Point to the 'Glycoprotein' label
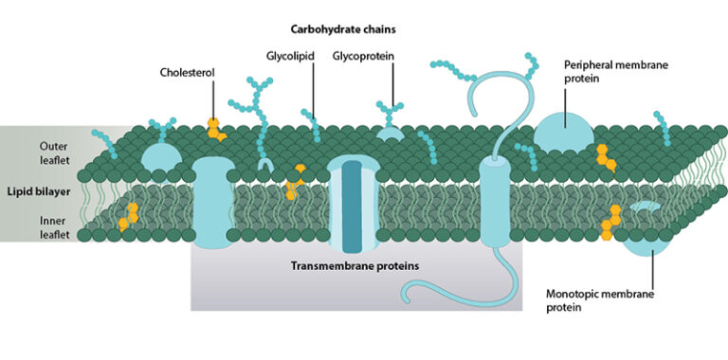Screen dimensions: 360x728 (363, 56)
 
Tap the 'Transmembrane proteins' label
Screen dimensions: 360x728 (354, 266)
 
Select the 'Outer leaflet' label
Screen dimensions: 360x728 (52, 153)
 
